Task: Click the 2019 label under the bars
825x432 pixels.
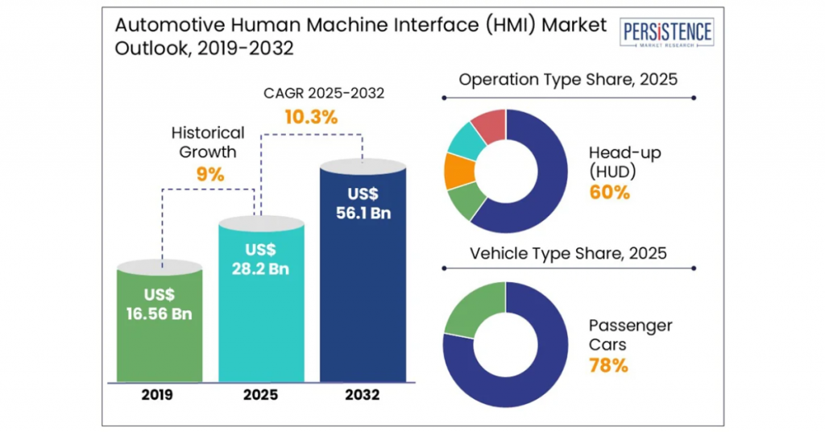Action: point(157,395)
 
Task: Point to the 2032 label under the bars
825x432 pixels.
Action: point(362,395)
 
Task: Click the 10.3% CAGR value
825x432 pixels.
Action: point(311,117)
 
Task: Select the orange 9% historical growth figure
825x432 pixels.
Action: point(210,174)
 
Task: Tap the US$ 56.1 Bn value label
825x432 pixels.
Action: point(363,203)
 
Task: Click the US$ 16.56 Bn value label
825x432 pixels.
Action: point(159,304)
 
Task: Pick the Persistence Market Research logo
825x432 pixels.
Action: point(666,32)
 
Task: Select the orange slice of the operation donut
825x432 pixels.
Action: point(459,171)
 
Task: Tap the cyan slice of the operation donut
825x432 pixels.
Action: point(466,140)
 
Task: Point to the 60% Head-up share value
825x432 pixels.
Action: point(609,193)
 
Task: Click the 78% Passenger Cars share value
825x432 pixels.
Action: point(608,365)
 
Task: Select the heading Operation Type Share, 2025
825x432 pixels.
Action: point(568,80)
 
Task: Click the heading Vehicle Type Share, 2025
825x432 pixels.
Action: point(568,253)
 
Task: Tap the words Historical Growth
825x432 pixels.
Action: point(208,142)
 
